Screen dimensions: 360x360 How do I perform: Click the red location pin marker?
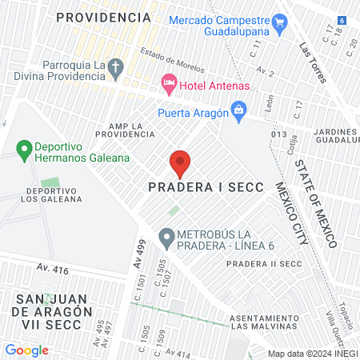coord(180,163)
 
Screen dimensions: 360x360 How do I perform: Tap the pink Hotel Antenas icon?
coord(168,82)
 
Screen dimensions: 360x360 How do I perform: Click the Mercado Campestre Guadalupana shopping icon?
coord(279,22)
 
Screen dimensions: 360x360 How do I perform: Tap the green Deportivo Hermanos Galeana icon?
coord(23,149)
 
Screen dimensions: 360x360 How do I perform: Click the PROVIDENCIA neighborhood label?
coord(104,17)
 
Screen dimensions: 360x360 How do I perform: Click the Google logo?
coord(27,350)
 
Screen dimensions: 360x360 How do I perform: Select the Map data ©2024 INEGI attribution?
coord(312,354)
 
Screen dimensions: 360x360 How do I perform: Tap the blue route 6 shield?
coord(342,19)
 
